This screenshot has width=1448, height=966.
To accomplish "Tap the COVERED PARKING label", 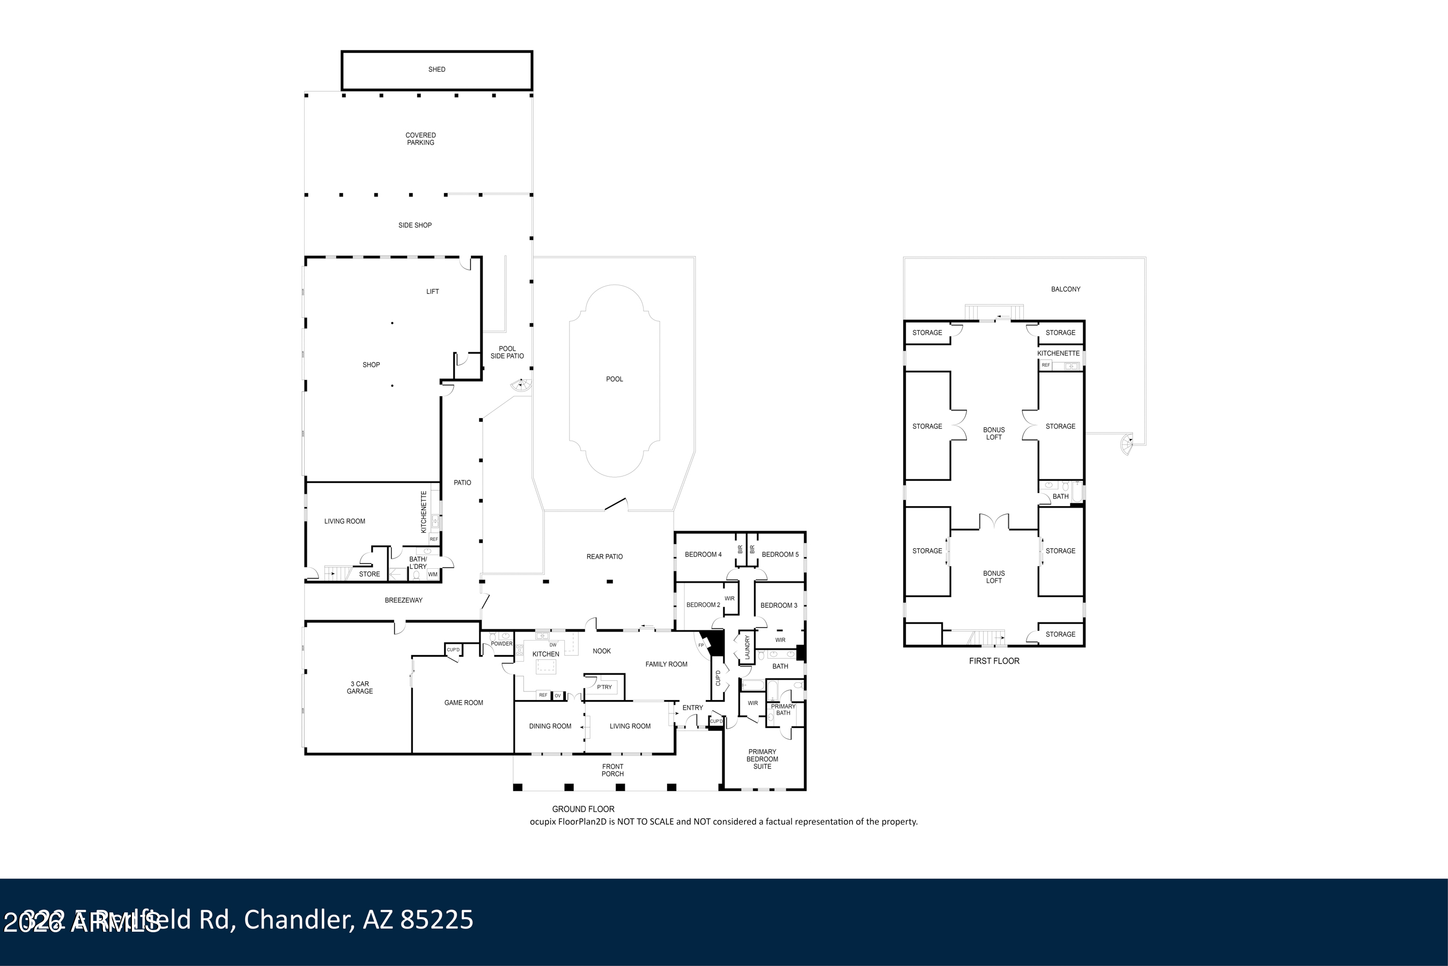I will tap(420, 139).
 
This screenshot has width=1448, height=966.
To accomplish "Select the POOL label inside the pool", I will tap(614, 379).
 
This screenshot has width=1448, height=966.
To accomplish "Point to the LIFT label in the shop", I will tap(433, 292).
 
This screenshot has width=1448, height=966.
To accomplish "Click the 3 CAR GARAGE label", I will tap(360, 688).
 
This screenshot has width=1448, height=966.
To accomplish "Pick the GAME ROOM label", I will tap(463, 702).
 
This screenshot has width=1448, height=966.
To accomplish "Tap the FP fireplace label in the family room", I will tap(700, 645).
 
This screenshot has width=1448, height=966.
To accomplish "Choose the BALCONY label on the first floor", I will tap(1066, 289).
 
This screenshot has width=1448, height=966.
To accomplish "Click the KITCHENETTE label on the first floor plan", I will tap(1058, 354).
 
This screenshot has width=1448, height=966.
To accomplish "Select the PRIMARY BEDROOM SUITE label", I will tap(762, 759).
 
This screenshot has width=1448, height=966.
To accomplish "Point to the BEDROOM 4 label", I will tap(703, 554).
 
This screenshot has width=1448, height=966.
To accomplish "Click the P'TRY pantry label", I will tap(604, 687).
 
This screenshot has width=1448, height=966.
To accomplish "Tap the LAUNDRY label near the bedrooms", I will tap(748, 648).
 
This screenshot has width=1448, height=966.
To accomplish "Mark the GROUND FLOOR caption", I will tap(583, 809).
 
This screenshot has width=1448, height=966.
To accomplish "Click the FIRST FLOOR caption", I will tap(994, 661).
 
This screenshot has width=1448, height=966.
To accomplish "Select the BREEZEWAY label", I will tap(404, 600).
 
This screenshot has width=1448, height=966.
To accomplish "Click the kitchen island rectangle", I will tap(546, 666).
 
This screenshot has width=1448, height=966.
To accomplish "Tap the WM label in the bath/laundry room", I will tap(433, 574).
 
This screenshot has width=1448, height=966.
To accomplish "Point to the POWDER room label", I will tap(501, 644).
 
